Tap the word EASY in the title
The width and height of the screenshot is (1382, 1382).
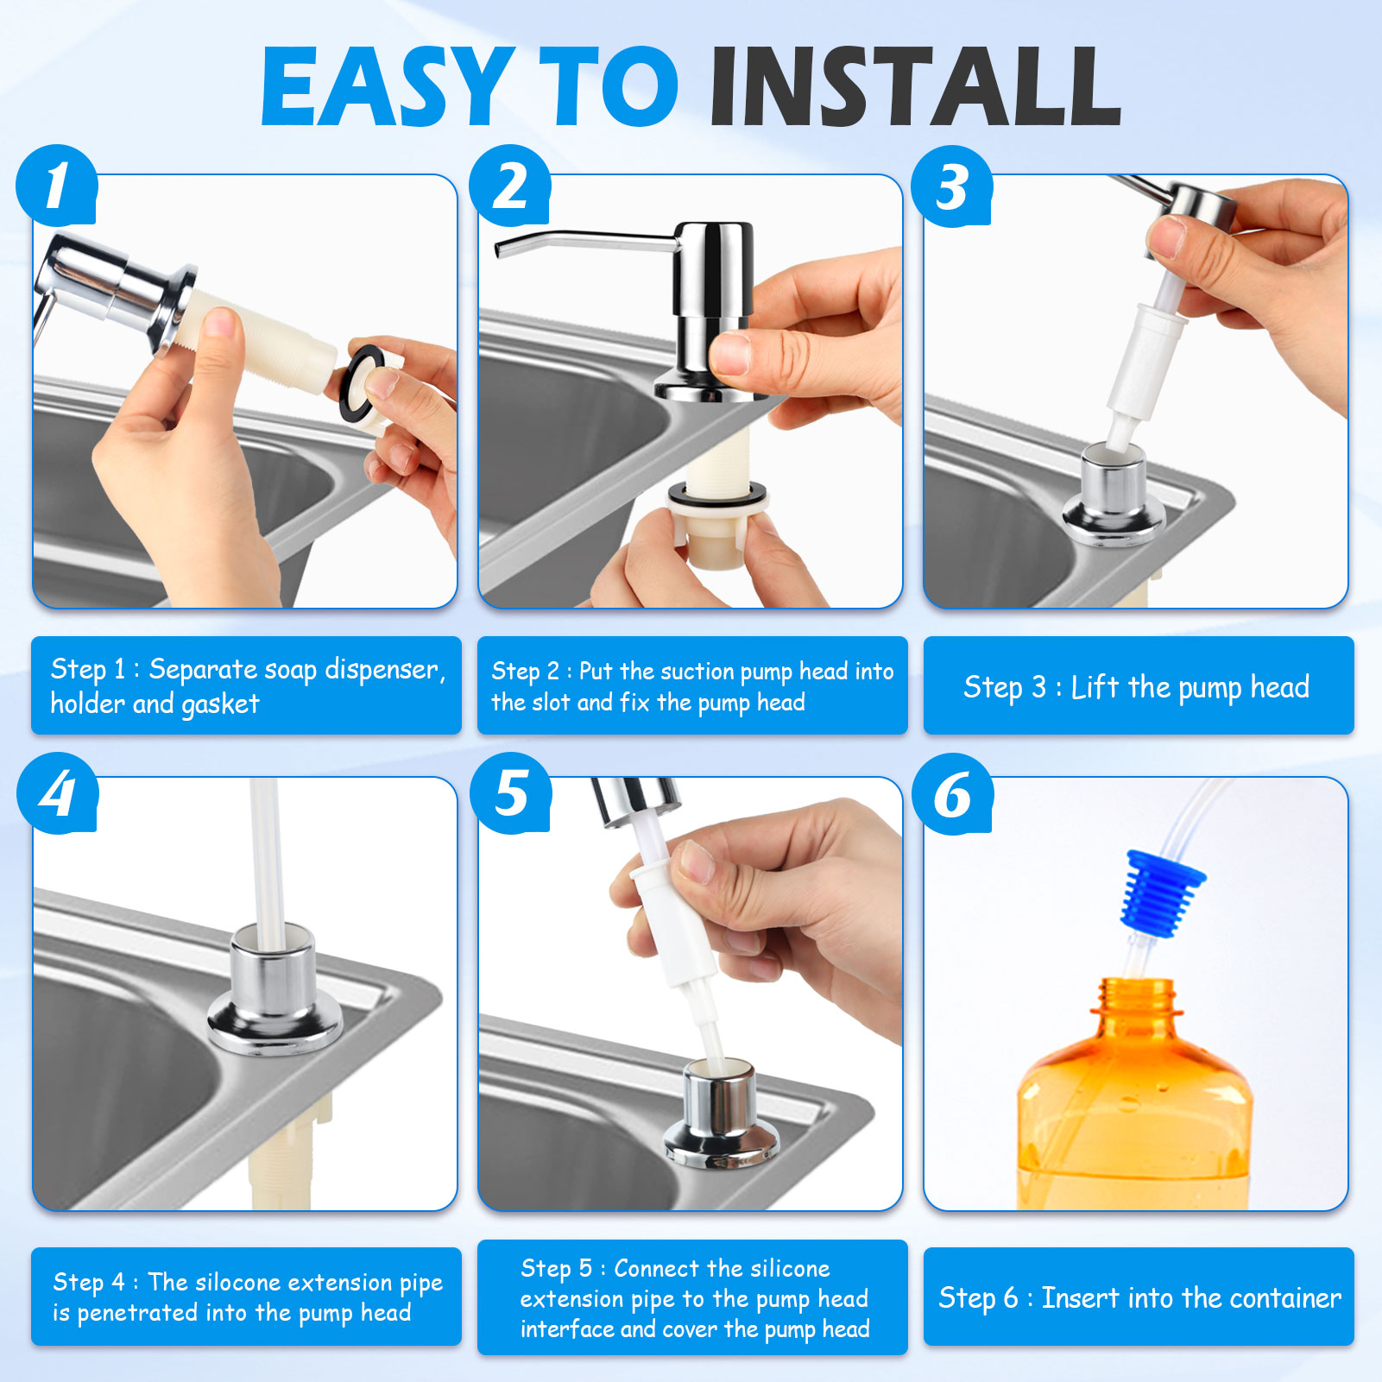386,86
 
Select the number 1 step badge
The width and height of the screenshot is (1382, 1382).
56,186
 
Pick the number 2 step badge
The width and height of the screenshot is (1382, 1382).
510,186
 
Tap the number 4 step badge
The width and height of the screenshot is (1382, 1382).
57,793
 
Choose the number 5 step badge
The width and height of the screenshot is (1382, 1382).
510,793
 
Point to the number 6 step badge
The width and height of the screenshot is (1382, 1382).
953,793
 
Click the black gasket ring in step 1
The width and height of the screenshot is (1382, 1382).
363,384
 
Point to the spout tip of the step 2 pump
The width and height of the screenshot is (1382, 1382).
499,250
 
